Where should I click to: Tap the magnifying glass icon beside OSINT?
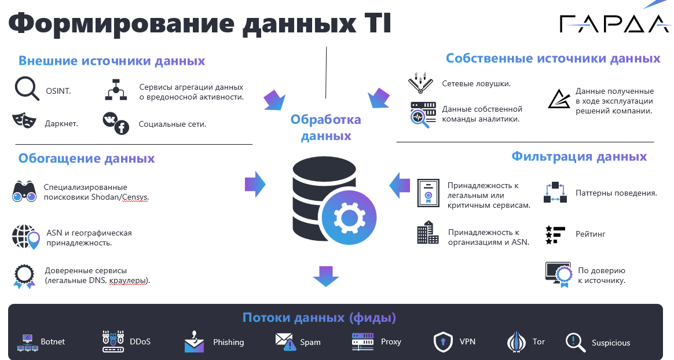[x=27, y=89]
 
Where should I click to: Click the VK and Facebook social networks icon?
[x=116, y=123]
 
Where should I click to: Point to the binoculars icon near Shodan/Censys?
[x=24, y=192]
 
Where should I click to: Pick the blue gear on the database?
[x=349, y=218]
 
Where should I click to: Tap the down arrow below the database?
[x=326, y=276]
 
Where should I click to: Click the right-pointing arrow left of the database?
[x=255, y=184]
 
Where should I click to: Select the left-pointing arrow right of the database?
[x=400, y=185]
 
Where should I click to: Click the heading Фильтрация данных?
[x=579, y=156]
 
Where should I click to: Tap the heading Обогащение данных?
[x=86, y=159]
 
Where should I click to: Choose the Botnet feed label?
[x=53, y=341]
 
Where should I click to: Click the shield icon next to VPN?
[x=443, y=342]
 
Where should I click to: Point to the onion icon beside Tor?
[x=517, y=342]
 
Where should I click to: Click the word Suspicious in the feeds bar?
[x=611, y=343]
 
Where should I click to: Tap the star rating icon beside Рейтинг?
[x=555, y=235]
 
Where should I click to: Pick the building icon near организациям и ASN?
[x=428, y=233]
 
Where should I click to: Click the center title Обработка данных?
[x=326, y=127]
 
